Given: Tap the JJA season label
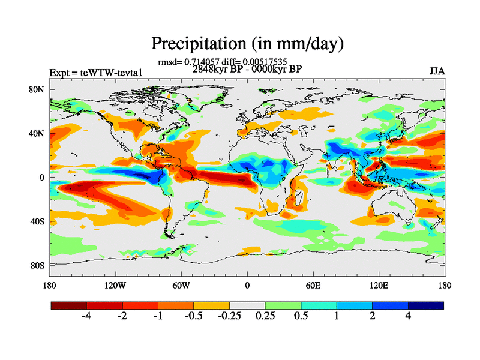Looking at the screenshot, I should (x=437, y=71).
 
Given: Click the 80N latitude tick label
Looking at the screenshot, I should (x=38, y=90).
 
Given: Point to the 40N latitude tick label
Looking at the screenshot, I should (x=38, y=134).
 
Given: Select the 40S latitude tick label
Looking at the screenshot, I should (x=38, y=221).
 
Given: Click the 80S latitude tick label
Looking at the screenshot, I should (x=38, y=265).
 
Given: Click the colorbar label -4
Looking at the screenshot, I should (x=86, y=317).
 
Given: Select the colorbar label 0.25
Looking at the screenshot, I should (x=265, y=317).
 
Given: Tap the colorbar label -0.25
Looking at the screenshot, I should (x=229, y=317).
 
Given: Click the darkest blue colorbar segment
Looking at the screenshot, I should (x=426, y=305).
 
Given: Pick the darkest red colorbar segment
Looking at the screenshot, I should (x=69, y=305).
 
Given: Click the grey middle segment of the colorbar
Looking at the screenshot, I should (x=247, y=305).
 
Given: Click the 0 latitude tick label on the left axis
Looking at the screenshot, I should (x=42, y=178).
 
